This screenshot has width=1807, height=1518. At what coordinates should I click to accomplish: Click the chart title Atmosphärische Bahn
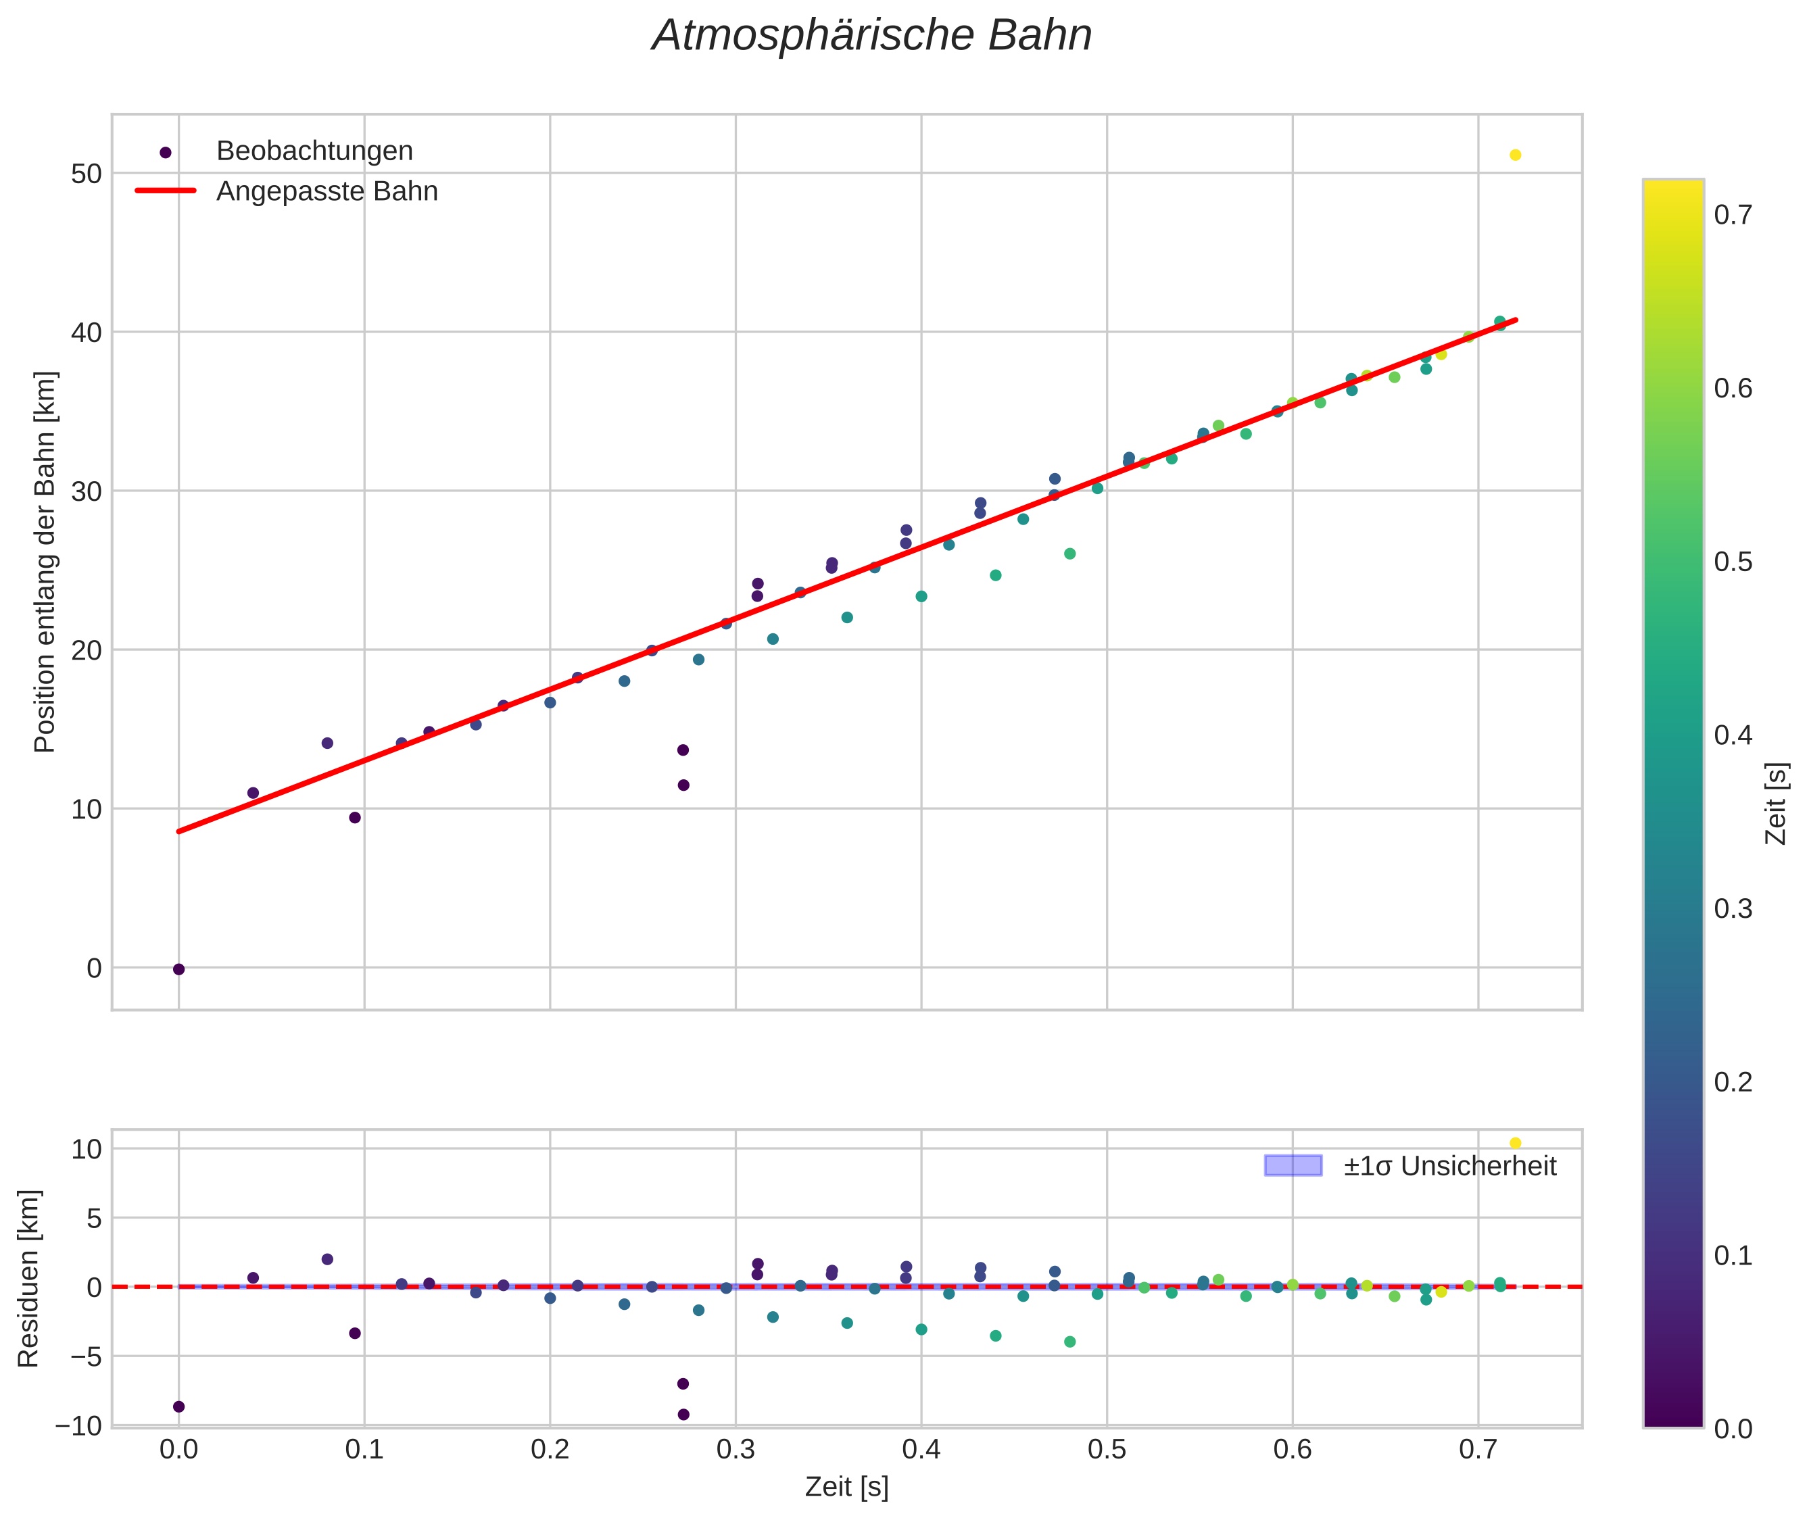coord(871,36)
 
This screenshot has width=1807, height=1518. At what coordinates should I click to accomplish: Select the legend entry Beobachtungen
coord(314,151)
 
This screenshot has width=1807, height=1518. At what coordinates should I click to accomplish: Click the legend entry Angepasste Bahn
coord(327,191)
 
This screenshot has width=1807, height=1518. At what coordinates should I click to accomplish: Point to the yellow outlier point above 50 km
coord(1515,155)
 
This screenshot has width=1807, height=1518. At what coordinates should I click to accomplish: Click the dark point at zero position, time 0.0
coord(179,969)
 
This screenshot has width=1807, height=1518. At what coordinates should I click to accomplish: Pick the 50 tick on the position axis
coord(86,174)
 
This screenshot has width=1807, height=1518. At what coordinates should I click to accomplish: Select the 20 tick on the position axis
coord(86,651)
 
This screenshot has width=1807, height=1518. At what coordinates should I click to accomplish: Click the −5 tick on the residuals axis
coord(78,1357)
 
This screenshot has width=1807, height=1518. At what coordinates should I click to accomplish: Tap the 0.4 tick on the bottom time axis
coord(921,1450)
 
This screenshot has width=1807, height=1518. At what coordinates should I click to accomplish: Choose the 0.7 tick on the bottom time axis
coord(1478,1450)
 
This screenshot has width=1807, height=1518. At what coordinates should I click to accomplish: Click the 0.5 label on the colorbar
coord(1732,562)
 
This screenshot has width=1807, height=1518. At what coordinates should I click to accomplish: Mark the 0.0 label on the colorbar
coord(1732,1429)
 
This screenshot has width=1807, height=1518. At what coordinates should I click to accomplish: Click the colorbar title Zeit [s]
coord(1776,804)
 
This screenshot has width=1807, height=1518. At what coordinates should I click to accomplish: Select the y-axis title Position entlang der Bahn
coord(45,562)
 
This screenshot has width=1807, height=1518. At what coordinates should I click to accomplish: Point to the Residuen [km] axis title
coord(28,1279)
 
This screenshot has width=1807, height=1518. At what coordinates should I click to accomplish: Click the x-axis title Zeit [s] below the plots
coord(846,1487)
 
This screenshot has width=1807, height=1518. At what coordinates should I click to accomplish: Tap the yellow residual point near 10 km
coord(1515,1143)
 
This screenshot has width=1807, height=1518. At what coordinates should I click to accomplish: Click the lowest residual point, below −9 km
coord(683,1415)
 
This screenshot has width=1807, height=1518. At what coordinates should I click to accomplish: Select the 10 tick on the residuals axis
coord(86,1150)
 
